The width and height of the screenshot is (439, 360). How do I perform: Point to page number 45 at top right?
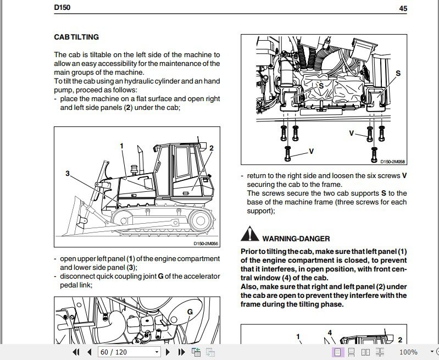pos(403,8)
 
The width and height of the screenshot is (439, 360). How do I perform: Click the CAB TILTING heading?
pos(76,37)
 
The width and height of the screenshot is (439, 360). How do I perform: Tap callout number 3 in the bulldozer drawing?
pos(68,174)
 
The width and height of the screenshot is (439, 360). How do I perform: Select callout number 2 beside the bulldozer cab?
pos(211,148)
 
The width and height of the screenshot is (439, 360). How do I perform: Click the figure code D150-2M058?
pos(392,162)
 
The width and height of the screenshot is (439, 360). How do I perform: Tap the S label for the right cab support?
pos(398,73)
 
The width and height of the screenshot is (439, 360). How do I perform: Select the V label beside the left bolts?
pos(311,151)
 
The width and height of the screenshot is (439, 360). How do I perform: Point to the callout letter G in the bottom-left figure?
pos(190,312)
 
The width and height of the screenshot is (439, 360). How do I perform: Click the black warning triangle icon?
pos(249,235)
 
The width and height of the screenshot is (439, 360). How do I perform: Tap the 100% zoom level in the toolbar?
pos(408,352)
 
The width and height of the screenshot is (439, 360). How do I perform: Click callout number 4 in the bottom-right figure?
pos(330,333)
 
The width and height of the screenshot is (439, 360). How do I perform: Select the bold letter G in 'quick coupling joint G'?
pos(160,276)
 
